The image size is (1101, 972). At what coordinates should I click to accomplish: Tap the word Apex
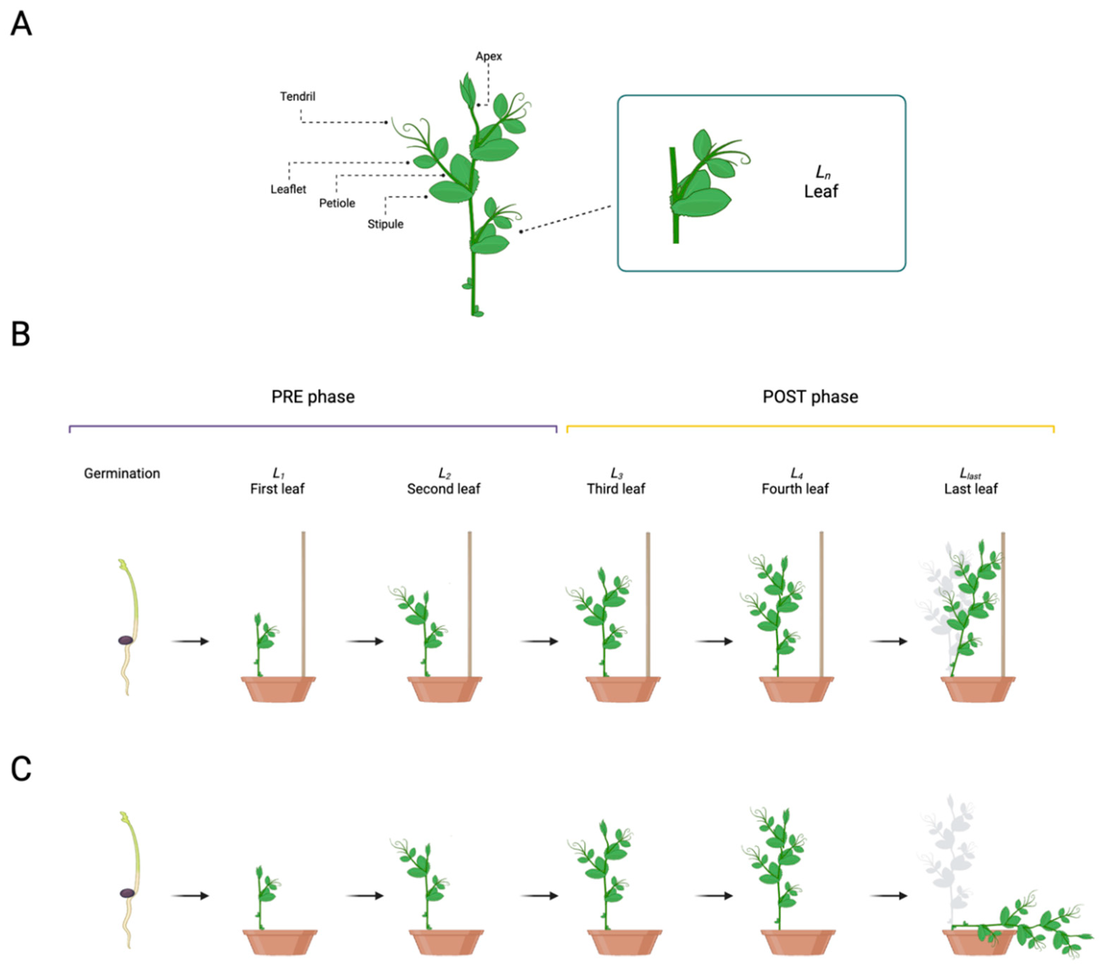(x=488, y=56)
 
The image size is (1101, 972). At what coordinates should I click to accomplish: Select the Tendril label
(x=297, y=96)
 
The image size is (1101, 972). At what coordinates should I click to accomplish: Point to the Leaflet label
(x=288, y=189)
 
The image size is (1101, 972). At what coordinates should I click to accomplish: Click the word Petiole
(x=337, y=203)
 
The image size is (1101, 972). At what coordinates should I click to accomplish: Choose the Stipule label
(x=385, y=224)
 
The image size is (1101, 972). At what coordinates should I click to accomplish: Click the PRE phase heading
(x=313, y=397)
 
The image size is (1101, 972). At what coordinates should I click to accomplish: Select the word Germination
(x=122, y=473)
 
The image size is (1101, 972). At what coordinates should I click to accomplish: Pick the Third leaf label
(x=616, y=488)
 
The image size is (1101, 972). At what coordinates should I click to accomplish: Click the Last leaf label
(x=970, y=488)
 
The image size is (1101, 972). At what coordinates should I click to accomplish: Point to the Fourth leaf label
(x=795, y=488)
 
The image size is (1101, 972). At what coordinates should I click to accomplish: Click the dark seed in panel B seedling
(x=125, y=640)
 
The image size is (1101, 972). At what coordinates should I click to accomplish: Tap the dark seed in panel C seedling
(x=127, y=893)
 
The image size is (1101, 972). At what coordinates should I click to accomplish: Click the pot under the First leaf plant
(x=278, y=690)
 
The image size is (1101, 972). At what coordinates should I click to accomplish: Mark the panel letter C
(x=21, y=769)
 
